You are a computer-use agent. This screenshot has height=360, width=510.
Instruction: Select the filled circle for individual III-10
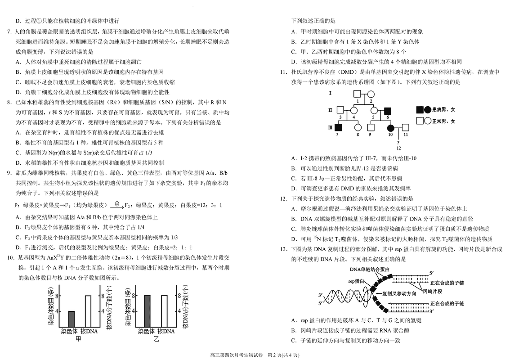[x=390, y=127]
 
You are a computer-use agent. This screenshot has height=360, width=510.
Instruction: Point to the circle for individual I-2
[x=371, y=94]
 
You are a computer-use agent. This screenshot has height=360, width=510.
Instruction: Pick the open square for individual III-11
[x=405, y=127]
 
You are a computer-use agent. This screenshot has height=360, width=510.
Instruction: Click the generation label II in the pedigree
[x=331, y=110]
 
